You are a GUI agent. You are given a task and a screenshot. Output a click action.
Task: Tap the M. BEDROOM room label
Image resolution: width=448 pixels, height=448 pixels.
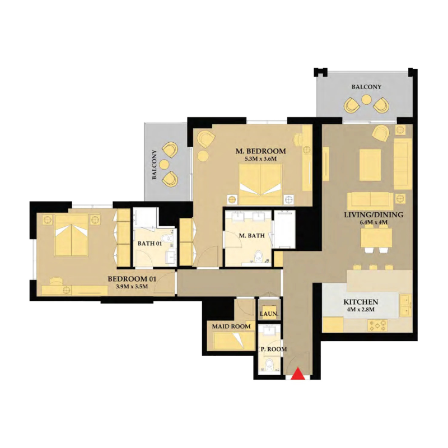click(261, 151)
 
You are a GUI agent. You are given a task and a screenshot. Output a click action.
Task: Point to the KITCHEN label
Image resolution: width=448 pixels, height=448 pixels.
click(361, 302)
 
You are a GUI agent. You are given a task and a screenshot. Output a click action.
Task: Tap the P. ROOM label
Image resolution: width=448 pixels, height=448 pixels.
click(273, 349)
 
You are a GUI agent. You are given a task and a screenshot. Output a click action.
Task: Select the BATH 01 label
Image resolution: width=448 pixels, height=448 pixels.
click(150, 244)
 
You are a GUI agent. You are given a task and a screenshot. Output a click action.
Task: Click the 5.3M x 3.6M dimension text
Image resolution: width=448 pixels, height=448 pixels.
click(261, 160)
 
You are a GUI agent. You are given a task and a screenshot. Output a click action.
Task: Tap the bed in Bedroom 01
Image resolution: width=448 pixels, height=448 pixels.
click(71, 235)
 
